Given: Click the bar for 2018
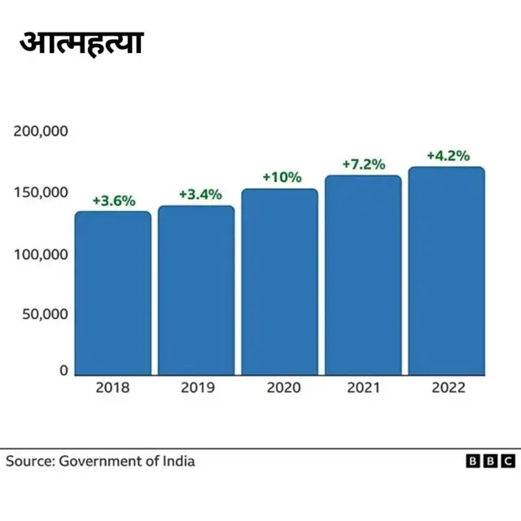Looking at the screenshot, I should [x=113, y=293].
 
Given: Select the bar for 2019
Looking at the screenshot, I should [x=196, y=290].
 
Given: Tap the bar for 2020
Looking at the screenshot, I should [x=279, y=282].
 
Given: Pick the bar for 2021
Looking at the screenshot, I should [x=363, y=275].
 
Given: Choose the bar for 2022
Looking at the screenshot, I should [x=446, y=271].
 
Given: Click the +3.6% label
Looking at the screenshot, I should [x=113, y=200].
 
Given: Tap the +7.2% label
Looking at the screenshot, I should [x=363, y=164].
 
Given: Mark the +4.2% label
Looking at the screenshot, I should [x=448, y=155].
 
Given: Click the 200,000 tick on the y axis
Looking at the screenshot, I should [x=41, y=132].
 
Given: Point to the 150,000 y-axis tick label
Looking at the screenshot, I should [x=41, y=193].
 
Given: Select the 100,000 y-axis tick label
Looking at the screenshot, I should [x=41, y=254].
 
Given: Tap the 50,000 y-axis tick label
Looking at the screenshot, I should [x=44, y=314].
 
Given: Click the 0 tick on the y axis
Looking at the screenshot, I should [x=63, y=371].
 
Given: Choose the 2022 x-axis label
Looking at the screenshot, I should [x=446, y=388].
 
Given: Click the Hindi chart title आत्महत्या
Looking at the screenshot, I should [x=81, y=42].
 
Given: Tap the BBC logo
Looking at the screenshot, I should [x=490, y=462].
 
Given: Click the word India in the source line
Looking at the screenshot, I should [x=177, y=462].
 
